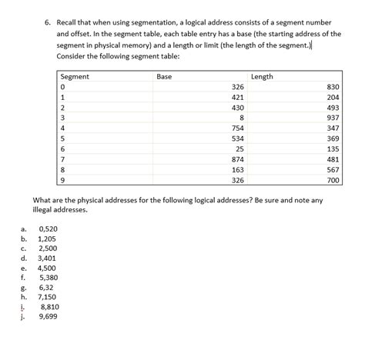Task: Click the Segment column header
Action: [x=75, y=77]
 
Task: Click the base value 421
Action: [x=238, y=98]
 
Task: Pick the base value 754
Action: [x=238, y=128]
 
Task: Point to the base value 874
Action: [x=238, y=159]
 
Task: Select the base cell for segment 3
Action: [x=241, y=118]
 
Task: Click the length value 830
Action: [x=333, y=88]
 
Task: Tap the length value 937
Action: [x=333, y=118]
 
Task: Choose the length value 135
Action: [x=333, y=148]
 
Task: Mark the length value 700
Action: [x=333, y=180]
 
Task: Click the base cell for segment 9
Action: [x=238, y=180]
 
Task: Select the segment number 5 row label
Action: [x=62, y=138]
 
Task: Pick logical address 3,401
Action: [x=47, y=259]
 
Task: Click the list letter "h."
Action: [x=24, y=297]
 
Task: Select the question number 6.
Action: [x=47, y=24]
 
